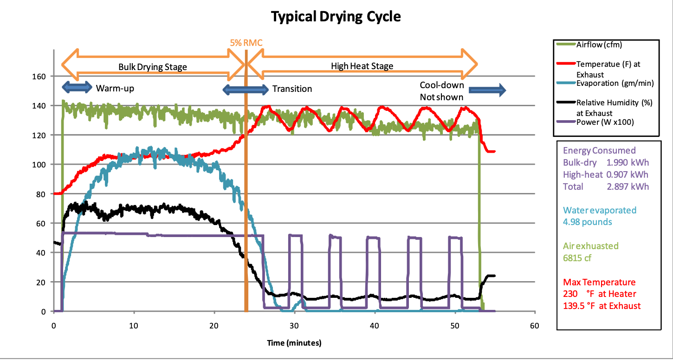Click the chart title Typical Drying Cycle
[336, 17]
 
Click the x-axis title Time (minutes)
[293, 343]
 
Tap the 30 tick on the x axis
[294, 326]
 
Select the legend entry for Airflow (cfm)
[599, 45]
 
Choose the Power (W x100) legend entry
[605, 122]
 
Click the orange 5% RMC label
[246, 43]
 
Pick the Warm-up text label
[115, 88]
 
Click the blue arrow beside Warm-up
[77, 87]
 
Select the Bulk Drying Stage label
[152, 67]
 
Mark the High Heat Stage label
[362, 66]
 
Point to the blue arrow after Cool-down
[487, 90]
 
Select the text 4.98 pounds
[587, 222]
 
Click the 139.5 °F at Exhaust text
[602, 306]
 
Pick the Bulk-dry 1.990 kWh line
[606, 162]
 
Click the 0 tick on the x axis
[54, 326]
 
